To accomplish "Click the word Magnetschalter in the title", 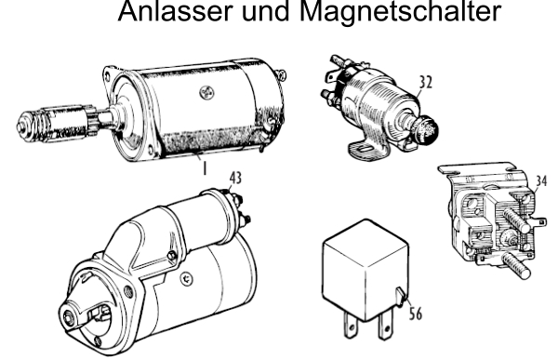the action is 400,11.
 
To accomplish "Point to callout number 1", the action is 205,168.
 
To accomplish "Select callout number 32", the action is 425,82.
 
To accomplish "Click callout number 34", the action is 541,180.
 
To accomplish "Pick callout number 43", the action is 235,178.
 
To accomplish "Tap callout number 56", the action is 416,314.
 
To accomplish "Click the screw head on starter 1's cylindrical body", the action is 206,93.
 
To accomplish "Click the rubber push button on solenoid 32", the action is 427,130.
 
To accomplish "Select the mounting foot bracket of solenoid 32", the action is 368,149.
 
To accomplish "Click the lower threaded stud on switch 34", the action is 516,265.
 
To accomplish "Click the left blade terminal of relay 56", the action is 351,326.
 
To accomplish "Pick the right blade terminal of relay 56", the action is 385,327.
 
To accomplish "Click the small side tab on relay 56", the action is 401,296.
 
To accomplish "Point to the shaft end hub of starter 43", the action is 69,317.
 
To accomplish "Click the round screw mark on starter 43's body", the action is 186,279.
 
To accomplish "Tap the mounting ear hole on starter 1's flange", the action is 107,74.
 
